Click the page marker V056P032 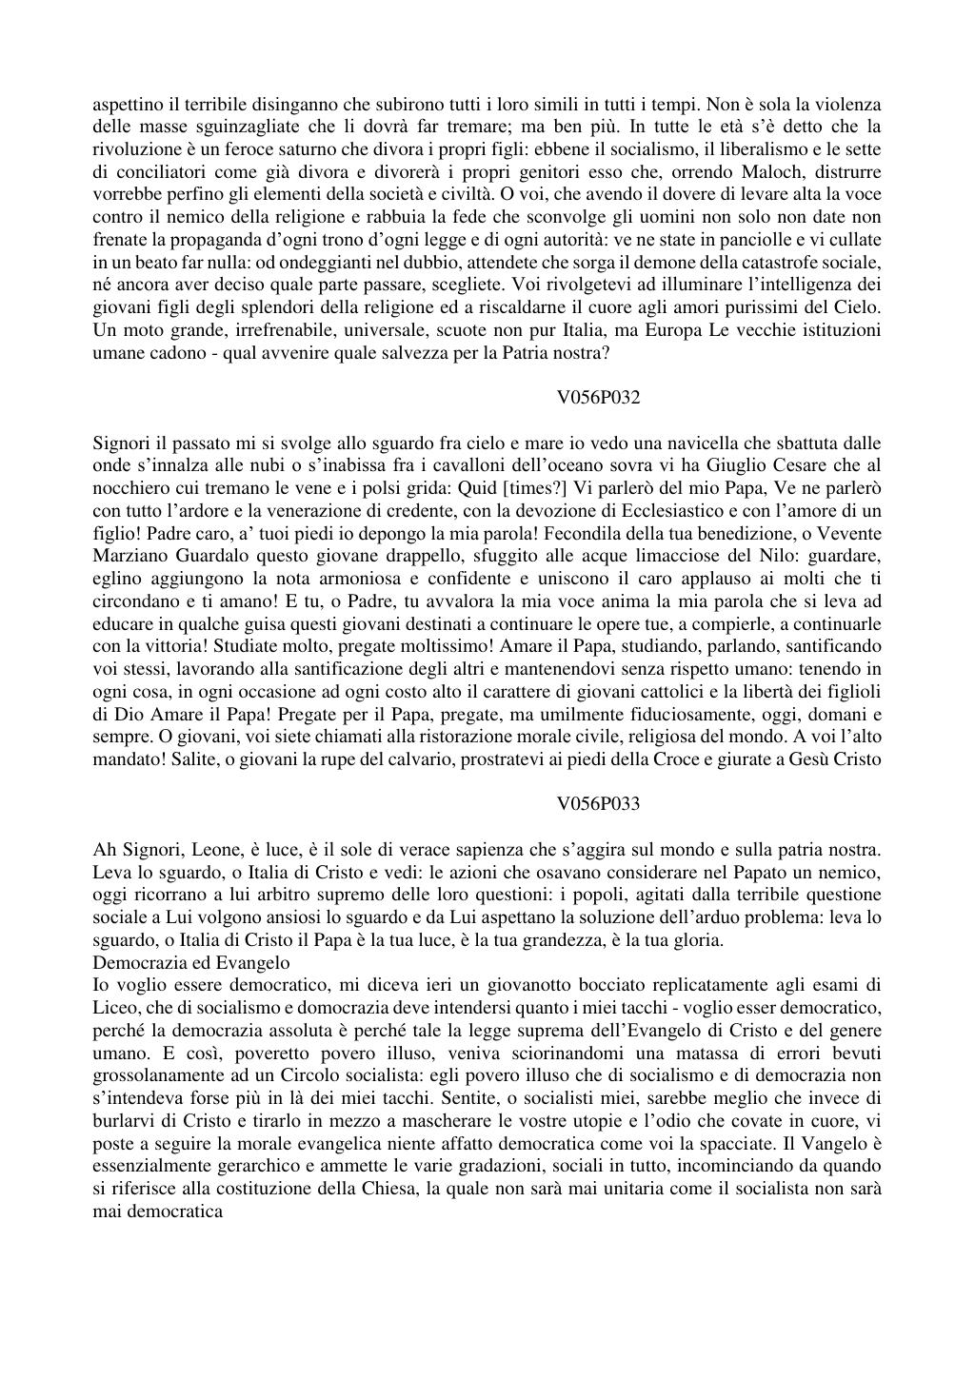tap(598, 398)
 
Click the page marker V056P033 tap(598, 804)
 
